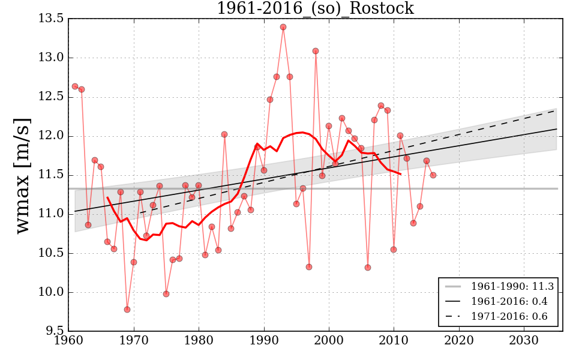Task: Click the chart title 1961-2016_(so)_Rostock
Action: click(x=315, y=8)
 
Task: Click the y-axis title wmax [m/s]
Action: click(x=23, y=175)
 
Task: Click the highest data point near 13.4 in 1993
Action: click(x=283, y=27)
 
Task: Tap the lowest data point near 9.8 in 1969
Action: click(x=127, y=310)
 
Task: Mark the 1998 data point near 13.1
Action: click(x=316, y=51)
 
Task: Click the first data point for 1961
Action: click(x=75, y=86)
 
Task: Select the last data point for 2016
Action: click(x=433, y=175)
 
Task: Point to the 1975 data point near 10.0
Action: click(x=166, y=294)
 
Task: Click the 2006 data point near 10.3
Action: click(x=368, y=268)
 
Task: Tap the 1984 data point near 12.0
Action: click(x=224, y=134)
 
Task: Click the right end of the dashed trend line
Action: click(x=556, y=110)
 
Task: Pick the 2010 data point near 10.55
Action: click(x=394, y=250)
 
